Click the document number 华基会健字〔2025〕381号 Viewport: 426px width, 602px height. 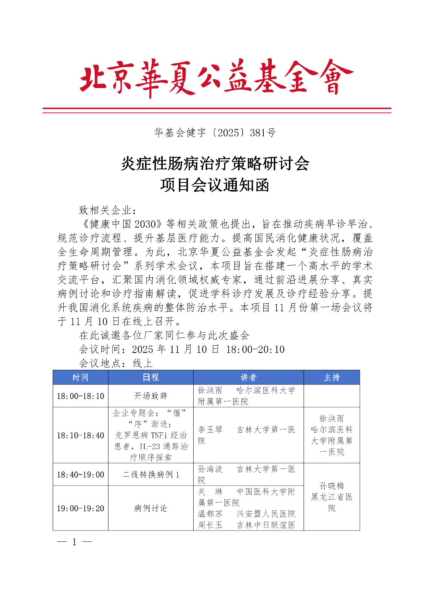click(x=215, y=132)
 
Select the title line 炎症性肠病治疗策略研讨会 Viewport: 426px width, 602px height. click(x=215, y=164)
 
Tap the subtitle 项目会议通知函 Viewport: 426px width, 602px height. click(x=215, y=185)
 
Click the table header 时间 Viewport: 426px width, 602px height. click(x=80, y=377)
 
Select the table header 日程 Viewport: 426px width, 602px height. click(x=151, y=377)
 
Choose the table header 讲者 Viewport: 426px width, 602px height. click(x=248, y=377)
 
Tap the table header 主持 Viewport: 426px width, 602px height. click(x=331, y=377)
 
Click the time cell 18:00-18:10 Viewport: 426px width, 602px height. click(x=80, y=396)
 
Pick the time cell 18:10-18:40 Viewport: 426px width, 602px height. click(x=80, y=435)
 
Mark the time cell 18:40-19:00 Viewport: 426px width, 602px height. click(x=80, y=475)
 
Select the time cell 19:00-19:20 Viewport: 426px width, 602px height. click(x=80, y=508)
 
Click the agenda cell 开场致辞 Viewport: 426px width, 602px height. click(x=151, y=396)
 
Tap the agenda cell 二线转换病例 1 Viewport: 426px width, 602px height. click(x=151, y=475)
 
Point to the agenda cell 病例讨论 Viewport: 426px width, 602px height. click(x=151, y=508)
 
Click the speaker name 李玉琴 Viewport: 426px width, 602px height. click(x=210, y=430)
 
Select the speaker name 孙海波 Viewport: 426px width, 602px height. click(x=210, y=469)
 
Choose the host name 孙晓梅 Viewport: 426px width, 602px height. click(x=331, y=486)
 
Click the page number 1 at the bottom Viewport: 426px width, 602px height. click(x=75, y=542)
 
